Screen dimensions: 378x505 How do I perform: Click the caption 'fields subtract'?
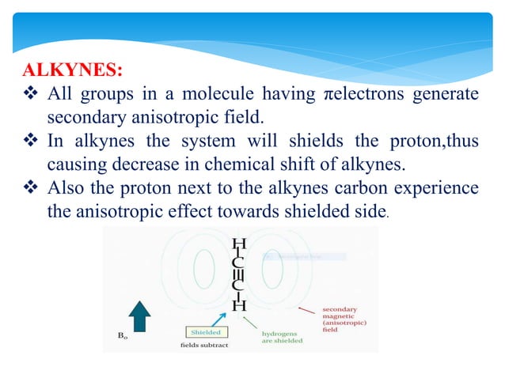(205, 346)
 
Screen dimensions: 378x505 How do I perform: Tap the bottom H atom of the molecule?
(240, 304)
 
